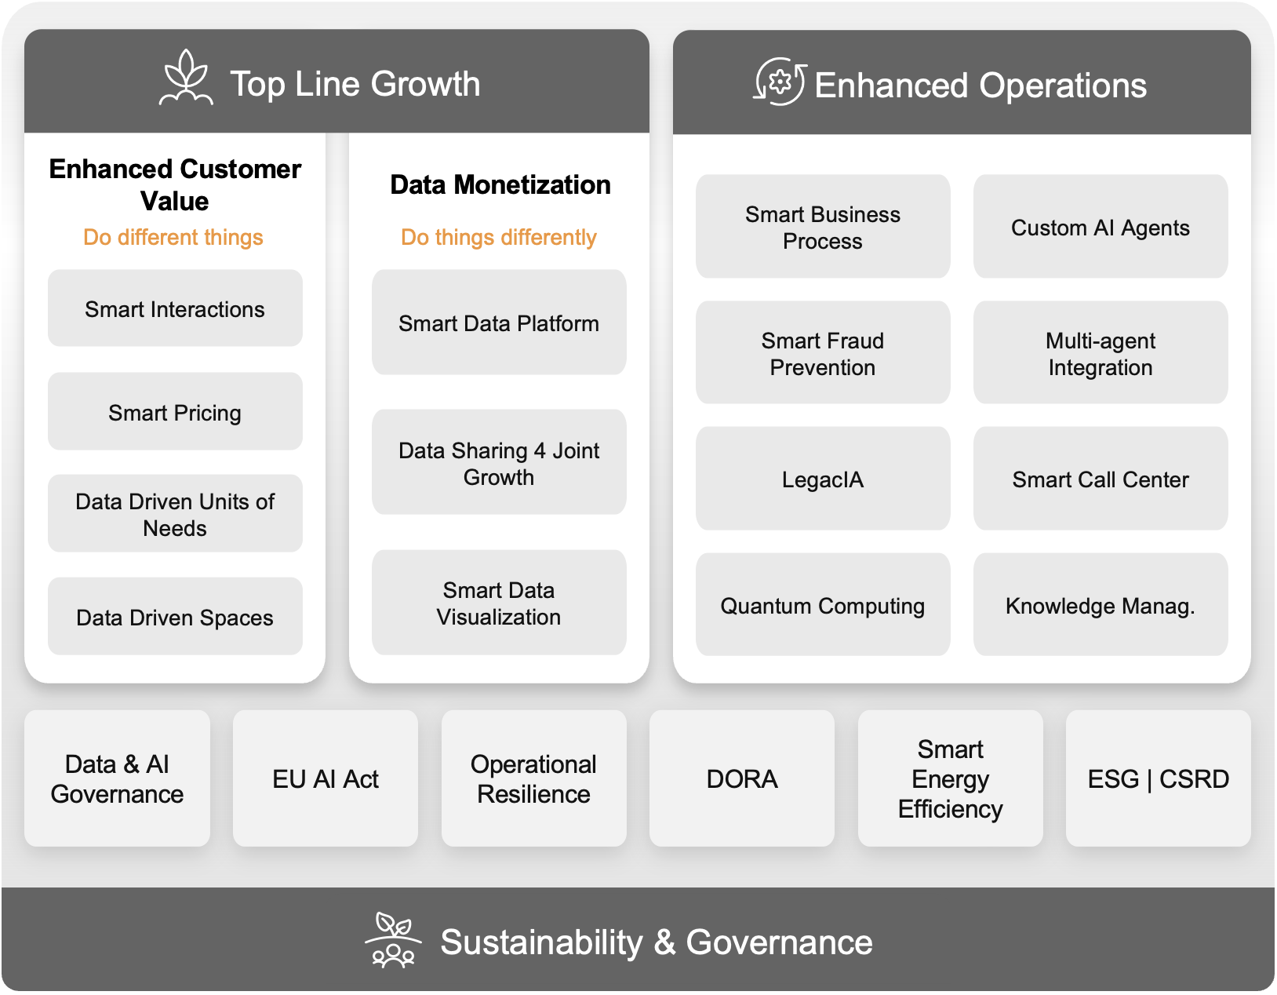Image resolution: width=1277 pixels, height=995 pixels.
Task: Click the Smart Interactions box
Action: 175,308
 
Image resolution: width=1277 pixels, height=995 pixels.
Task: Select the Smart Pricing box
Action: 175,411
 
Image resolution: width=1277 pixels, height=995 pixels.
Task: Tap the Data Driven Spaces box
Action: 175,617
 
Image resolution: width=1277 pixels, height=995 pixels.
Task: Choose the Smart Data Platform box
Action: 499,323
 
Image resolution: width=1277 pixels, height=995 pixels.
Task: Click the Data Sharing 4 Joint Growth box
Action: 499,462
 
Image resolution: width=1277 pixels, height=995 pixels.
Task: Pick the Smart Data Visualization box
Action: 499,603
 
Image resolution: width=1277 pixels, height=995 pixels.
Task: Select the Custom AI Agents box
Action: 1101,227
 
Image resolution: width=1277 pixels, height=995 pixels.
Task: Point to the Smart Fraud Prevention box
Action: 823,353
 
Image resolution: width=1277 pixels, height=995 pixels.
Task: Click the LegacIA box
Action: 823,479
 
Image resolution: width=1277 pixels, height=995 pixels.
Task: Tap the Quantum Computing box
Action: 823,605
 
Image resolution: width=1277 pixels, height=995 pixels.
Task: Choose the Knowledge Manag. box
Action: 1101,605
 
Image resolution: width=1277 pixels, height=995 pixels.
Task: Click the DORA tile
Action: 742,778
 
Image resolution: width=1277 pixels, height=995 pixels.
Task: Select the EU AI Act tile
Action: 326,778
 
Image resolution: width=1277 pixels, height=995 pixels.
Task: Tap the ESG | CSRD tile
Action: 1158,778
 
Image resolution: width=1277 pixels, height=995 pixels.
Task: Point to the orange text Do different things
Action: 173,237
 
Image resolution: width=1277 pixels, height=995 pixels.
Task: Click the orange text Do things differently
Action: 499,237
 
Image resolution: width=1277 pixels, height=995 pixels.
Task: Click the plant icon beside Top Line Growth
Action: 186,78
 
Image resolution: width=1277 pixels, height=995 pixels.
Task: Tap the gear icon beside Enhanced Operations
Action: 780,82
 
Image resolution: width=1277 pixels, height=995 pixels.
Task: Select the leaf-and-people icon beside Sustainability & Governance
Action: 393,940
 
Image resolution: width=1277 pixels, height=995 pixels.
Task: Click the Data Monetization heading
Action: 500,184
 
